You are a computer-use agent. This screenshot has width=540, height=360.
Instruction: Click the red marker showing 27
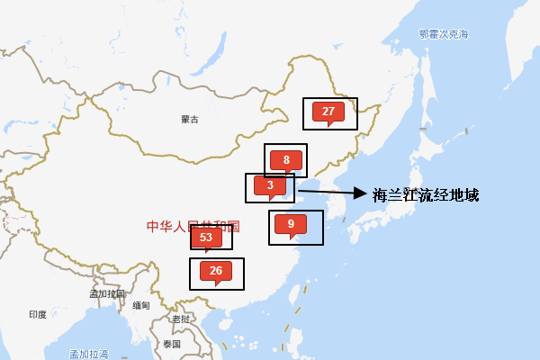(x=328, y=112)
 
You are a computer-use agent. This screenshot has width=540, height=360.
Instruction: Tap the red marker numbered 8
(x=286, y=160)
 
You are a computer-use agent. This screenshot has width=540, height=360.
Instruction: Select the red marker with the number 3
(x=270, y=185)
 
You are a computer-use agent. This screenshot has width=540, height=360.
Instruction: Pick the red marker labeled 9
(x=291, y=224)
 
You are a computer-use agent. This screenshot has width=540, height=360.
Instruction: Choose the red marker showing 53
(x=206, y=238)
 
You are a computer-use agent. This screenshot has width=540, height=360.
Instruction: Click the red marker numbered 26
(x=216, y=271)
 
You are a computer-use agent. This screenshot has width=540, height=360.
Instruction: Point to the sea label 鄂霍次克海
(x=444, y=34)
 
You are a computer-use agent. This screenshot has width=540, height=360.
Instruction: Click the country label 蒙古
(x=189, y=119)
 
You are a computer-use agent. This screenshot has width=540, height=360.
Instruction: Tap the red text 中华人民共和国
(x=193, y=227)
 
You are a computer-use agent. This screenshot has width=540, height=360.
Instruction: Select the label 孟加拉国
(x=107, y=293)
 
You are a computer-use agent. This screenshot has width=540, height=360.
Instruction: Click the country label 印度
(x=38, y=314)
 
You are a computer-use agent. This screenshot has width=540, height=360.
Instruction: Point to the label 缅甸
(x=141, y=306)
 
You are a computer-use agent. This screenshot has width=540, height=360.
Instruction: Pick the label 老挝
(x=181, y=319)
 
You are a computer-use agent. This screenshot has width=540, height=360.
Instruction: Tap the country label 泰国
(x=172, y=344)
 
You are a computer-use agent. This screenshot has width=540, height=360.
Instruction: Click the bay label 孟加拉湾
(x=89, y=354)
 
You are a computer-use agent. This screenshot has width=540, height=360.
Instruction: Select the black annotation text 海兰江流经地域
(x=426, y=194)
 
